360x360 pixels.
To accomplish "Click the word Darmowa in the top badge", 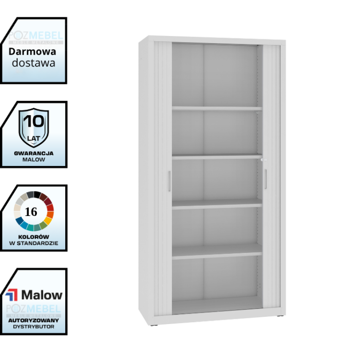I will coord(33,52).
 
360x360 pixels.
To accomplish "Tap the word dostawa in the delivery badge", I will coord(33,63).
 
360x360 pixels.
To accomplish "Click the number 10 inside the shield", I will coord(33,121).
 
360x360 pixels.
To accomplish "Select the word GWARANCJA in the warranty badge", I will coord(34,153).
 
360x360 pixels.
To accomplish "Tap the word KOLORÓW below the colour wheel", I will coord(33,236).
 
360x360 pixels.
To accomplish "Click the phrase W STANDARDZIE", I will coord(33,243).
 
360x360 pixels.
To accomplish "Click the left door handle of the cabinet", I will coord(169,181).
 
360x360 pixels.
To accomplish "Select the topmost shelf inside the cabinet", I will coord(217,109).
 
